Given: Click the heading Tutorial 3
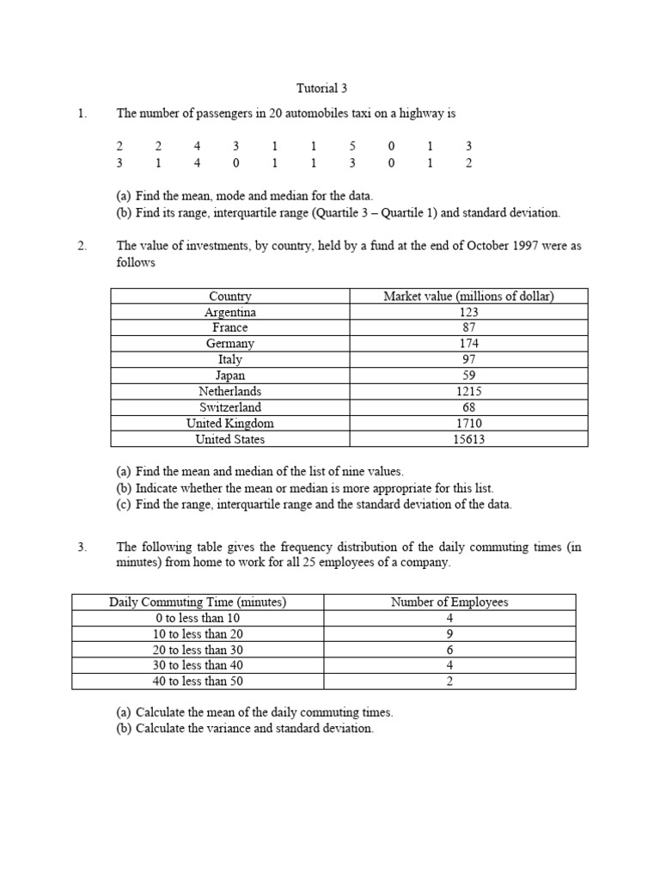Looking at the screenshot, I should pos(322,88).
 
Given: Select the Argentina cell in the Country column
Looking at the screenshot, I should pos(229,312).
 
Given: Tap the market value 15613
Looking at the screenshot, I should pos(468,439).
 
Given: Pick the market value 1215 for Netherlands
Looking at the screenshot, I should pos(468,391).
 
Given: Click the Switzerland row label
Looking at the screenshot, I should pos(229,407).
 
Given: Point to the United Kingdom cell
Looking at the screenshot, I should pos(229,423).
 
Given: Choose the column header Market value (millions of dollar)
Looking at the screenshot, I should pos(468,296).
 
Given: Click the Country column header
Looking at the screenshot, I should pos(229,296).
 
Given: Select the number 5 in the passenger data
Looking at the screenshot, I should pos(352,147).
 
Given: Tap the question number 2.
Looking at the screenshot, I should pos(82,246).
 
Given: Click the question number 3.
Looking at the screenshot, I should pos(82,547).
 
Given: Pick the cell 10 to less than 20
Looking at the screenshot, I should pos(198,633).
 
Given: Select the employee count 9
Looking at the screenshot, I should pos(449,633).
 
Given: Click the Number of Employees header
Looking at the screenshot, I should pos(449,602).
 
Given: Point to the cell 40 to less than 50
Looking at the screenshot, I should pos(198,681).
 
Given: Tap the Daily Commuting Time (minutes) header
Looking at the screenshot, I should pos(198,602).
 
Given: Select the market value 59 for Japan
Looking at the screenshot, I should pos(468,376).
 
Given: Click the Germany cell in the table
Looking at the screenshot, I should pos(229,344).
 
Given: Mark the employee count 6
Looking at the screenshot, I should pos(449,650).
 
